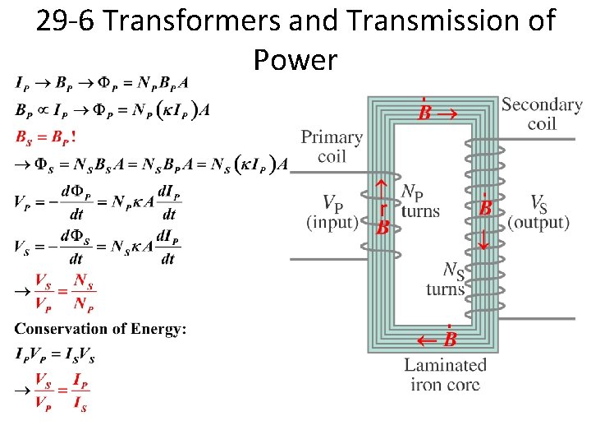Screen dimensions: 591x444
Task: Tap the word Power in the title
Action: coord(295,59)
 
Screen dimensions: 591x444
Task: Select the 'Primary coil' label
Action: coord(332,146)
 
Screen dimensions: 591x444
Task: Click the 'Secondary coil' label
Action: coord(542,113)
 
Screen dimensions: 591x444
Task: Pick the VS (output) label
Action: coord(538,212)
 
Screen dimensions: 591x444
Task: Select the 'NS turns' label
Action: coord(447,279)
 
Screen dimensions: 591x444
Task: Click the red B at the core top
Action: coord(424,111)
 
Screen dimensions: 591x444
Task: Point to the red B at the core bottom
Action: coord(450,339)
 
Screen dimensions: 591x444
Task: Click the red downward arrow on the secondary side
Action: coord(484,239)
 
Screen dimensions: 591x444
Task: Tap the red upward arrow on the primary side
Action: coord(382,192)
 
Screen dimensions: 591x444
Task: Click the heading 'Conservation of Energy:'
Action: coord(100,329)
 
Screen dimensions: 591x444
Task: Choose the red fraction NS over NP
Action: coord(83,292)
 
